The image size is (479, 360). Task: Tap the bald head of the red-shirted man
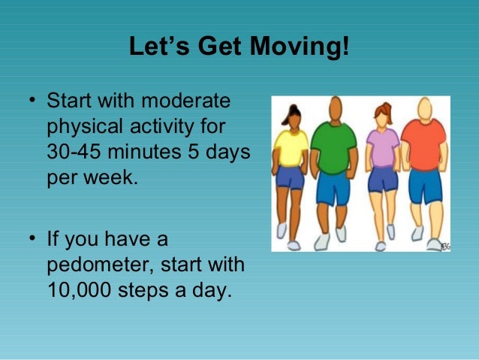point(424,106)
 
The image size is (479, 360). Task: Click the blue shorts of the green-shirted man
point(332,188)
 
